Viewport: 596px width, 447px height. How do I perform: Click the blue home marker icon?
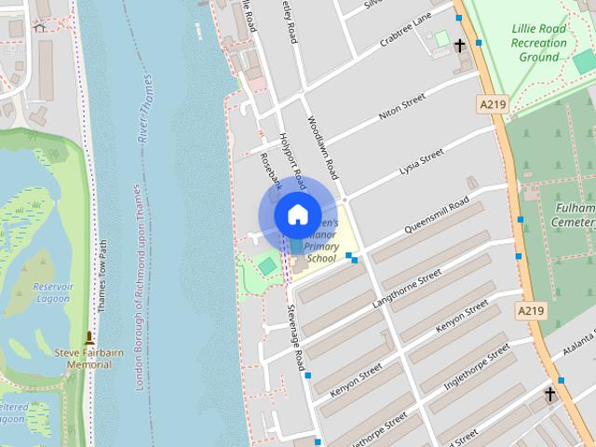point(296,215)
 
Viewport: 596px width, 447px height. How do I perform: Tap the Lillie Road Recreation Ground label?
point(539,43)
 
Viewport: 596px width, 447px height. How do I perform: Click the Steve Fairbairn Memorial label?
point(89,358)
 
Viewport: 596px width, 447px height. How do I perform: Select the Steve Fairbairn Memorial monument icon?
point(89,338)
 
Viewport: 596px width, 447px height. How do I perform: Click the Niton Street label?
point(401,110)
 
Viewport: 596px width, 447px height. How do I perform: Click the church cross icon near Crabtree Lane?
point(459,45)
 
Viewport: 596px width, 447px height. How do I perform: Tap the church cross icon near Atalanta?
point(549,394)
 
